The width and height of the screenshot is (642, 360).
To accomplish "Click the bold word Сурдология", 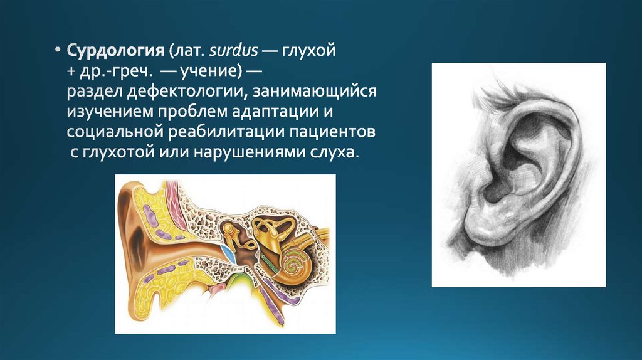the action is pos(115,51).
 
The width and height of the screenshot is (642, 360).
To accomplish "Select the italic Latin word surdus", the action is pos(233,50).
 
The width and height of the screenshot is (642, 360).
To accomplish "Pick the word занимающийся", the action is pos(315,92).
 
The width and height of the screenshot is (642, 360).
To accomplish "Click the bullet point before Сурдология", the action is pos(58,51).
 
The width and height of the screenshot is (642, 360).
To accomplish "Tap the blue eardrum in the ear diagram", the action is pos(228,255).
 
